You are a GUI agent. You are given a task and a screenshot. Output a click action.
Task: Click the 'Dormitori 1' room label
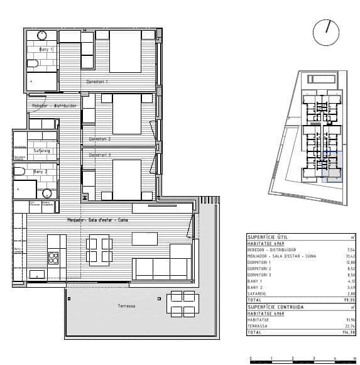point(97,82)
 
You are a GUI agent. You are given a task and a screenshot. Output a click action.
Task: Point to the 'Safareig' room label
point(41,150)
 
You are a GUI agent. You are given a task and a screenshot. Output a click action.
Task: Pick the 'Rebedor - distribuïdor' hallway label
point(54,106)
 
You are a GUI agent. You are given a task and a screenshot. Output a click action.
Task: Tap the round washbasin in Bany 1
point(42,35)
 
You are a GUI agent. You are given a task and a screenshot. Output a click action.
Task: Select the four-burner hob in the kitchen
point(53,257)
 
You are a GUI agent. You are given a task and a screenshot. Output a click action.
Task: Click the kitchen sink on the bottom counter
point(37,274)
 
